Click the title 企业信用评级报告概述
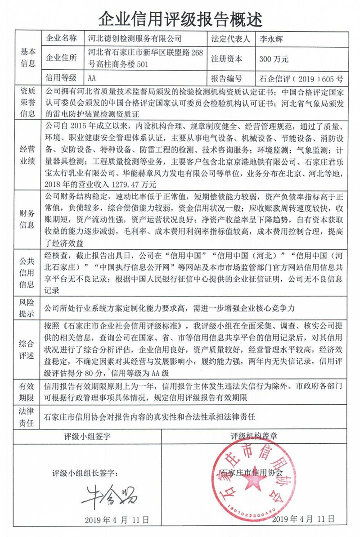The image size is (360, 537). coord(180,18)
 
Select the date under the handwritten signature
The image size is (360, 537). coord(116,519)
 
